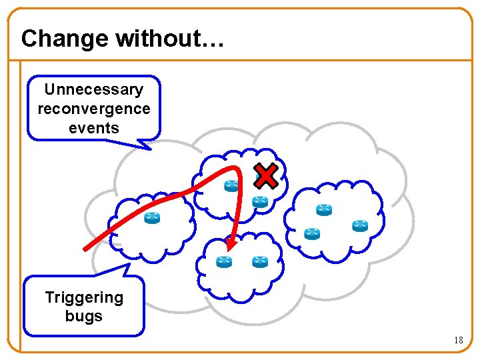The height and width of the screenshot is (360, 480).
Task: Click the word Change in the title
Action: tap(64, 39)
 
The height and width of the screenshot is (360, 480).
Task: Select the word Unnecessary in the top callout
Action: tap(93, 89)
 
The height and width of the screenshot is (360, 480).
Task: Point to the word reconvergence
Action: tap(93, 108)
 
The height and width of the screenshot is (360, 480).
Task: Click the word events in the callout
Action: tap(93, 127)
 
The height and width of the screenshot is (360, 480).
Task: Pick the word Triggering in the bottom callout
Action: tap(84, 297)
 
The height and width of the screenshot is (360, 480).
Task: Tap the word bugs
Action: tap(84, 316)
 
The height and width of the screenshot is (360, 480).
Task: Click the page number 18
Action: tap(458, 340)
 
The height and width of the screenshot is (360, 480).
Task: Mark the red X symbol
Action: tap(266, 176)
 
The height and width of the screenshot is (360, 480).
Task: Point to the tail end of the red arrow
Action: tap(85, 249)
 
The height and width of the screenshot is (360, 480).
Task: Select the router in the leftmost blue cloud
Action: tap(153, 218)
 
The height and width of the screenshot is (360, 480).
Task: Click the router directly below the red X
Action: tap(259, 201)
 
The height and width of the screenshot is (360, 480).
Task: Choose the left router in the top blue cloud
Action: tap(232, 186)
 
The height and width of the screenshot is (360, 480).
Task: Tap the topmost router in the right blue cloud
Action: tap(324, 210)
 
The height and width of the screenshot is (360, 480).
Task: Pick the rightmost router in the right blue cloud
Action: tap(360, 225)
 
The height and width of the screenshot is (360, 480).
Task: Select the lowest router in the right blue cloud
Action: tap(312, 233)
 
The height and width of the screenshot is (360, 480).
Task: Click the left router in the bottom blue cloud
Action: tap(224, 262)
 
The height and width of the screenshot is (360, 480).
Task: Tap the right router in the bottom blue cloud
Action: tap(259, 262)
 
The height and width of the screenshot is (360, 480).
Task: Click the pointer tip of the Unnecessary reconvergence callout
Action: tap(151, 149)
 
